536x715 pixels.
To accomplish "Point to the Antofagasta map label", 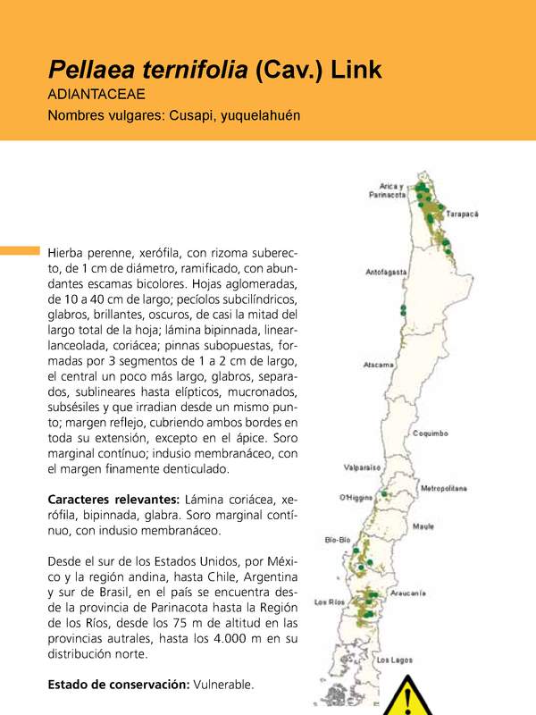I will click(386, 271).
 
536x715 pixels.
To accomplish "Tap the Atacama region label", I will click(379, 365).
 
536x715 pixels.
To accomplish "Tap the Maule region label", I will click(423, 526).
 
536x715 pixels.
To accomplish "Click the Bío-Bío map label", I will click(337, 539).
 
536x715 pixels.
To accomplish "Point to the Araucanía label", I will click(433, 593).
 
